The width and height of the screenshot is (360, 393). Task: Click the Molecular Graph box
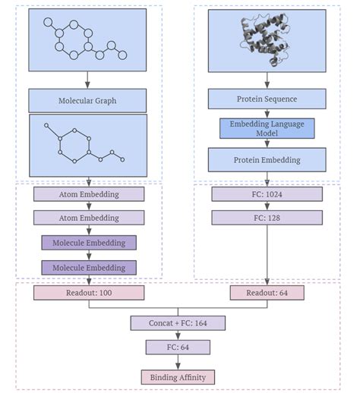point(88,100)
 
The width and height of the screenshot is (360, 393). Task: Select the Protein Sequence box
point(267,99)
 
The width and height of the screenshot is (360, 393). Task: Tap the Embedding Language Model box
point(267,128)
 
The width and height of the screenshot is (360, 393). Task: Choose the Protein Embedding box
point(267,159)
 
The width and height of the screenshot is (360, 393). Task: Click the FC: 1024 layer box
point(267,194)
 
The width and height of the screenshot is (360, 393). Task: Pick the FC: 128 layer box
point(267,218)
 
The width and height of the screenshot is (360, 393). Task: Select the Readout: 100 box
point(88,292)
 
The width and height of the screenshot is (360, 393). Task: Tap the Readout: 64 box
point(267,292)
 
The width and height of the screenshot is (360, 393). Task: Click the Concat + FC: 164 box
point(178,323)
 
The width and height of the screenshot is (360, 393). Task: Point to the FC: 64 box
point(178,347)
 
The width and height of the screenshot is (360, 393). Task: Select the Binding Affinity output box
point(178,376)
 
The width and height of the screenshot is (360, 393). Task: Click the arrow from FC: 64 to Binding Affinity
point(178,362)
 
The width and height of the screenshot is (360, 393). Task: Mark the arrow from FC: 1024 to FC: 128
point(267,206)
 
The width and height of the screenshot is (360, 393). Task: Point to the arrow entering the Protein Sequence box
point(267,80)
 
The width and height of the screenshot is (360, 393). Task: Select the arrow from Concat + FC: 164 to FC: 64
point(178,335)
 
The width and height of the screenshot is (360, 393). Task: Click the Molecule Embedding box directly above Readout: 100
point(88,267)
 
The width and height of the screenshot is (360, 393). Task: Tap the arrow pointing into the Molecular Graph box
point(88,80)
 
